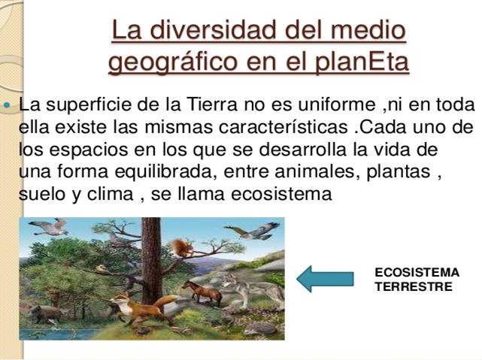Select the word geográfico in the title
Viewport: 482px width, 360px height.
coord(173,62)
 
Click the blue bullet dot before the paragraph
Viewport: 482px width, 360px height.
coord(7,105)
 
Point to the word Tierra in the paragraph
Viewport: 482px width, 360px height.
coord(212,104)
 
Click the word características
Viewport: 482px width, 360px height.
coord(283,127)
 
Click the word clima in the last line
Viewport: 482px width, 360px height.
coord(110,194)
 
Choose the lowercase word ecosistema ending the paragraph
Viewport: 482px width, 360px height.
coord(281,194)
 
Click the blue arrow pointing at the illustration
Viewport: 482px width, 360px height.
coord(325,279)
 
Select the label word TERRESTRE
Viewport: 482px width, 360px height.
coord(414,286)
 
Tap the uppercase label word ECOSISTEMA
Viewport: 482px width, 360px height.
coord(417,273)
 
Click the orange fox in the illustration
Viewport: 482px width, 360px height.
coord(138,308)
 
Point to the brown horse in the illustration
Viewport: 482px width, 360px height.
coord(202,292)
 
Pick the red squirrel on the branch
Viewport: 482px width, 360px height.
coord(182,247)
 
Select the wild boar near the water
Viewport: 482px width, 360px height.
coord(47,313)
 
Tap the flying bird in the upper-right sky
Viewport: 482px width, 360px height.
coord(253,231)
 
